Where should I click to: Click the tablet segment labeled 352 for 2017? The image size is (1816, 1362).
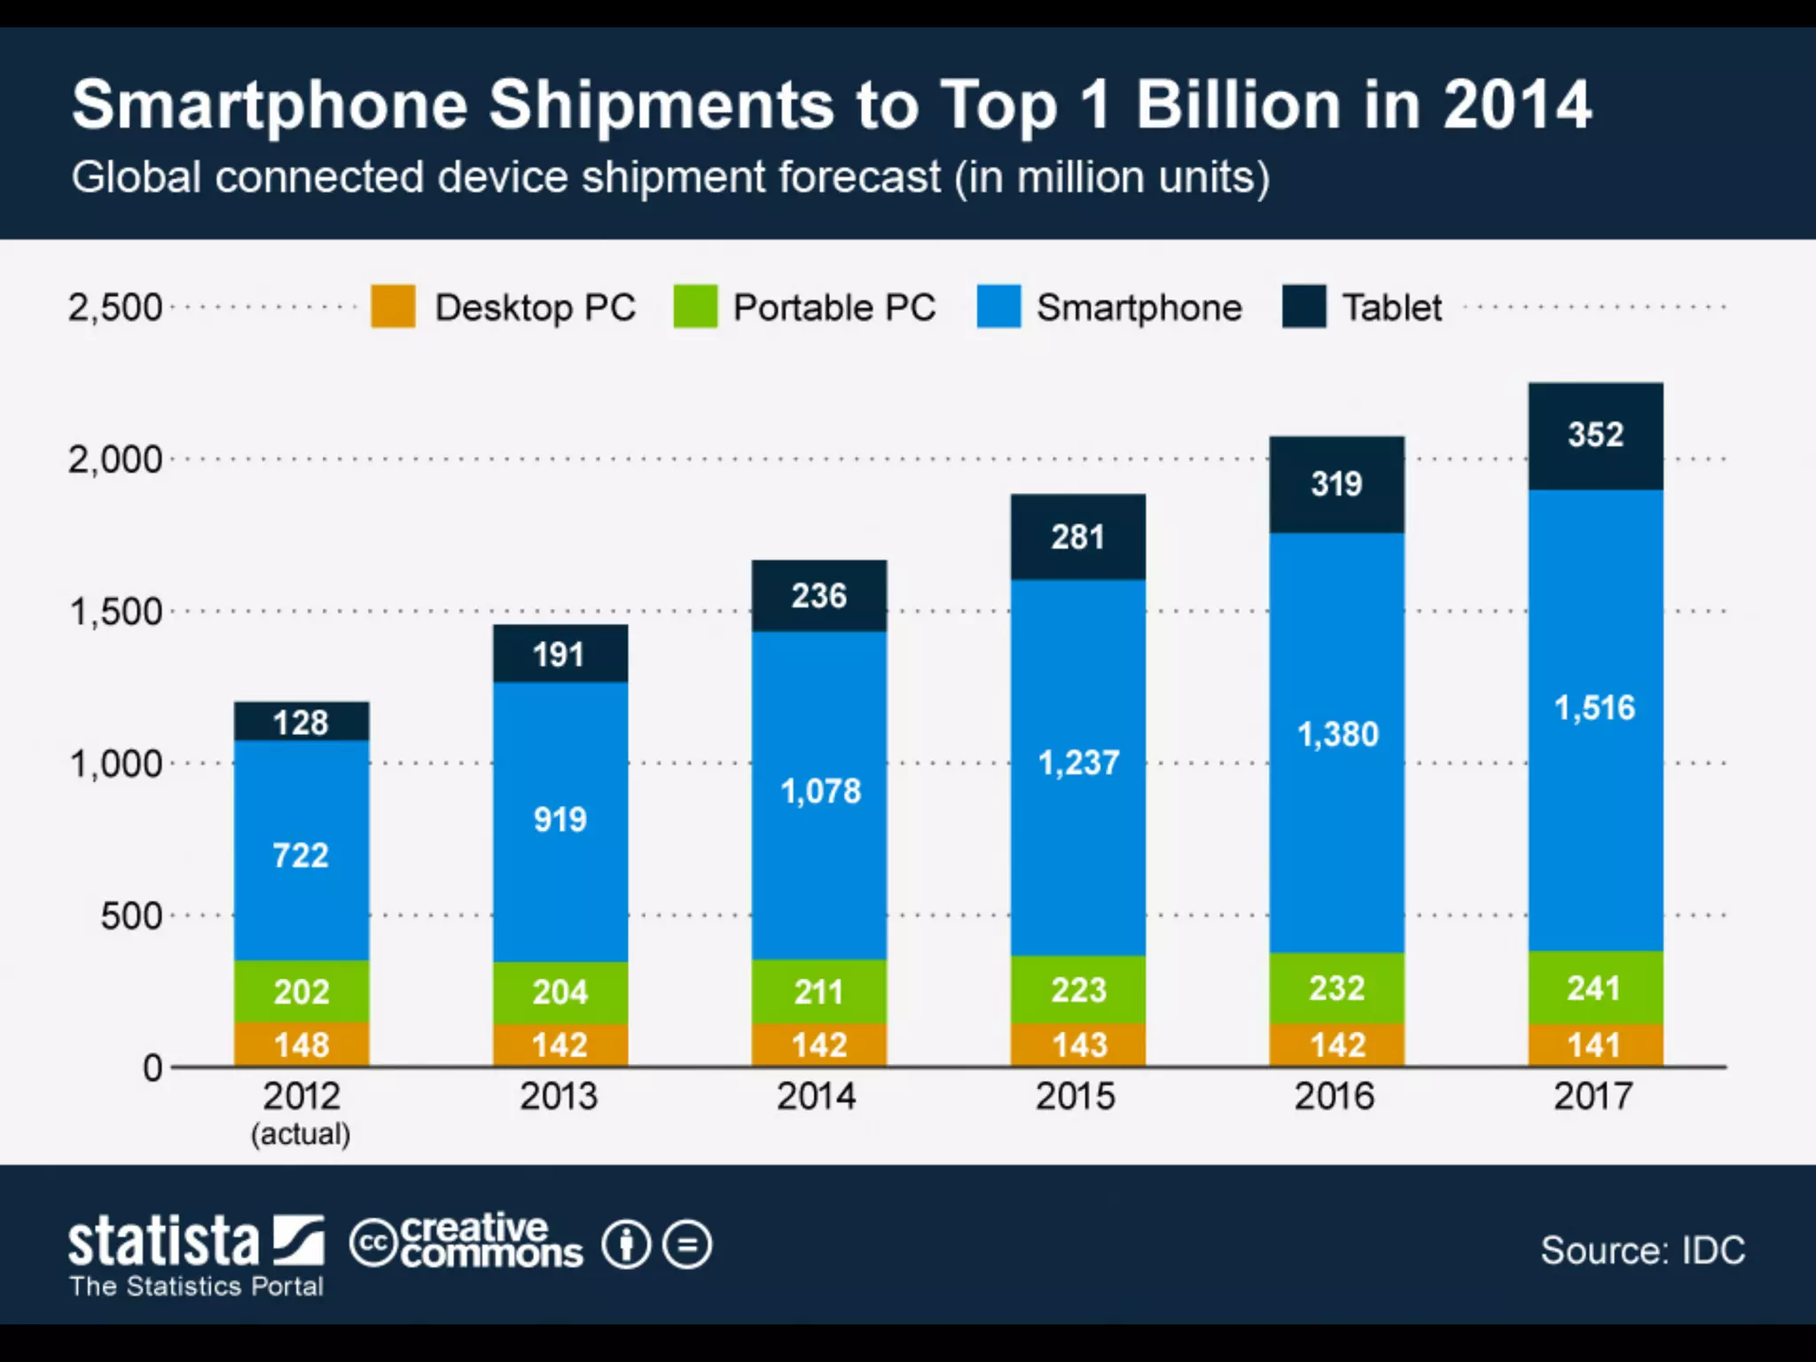tap(1595, 435)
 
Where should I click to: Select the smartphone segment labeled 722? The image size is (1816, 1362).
tap(301, 853)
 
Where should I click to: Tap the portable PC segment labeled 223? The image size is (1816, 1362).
tap(1078, 990)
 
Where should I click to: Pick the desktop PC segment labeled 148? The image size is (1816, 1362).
tap(301, 1045)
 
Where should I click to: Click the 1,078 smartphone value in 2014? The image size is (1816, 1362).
tap(820, 791)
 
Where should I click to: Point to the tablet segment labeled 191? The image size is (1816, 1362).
tap(560, 654)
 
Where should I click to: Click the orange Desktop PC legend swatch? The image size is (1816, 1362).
tap(393, 307)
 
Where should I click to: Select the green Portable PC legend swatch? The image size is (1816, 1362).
tap(695, 307)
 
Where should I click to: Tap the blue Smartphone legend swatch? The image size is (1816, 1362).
tap(998, 307)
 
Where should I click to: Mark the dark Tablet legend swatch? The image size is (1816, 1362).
tap(1303, 307)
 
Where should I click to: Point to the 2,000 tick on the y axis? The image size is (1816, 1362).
tap(115, 459)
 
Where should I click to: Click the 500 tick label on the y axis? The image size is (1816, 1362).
tap(131, 915)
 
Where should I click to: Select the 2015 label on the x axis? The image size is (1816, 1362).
tap(1076, 1097)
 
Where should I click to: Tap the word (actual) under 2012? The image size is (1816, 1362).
tap(301, 1134)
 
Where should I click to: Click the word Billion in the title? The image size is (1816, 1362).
tap(1239, 105)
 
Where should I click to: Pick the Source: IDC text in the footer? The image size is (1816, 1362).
tap(1642, 1250)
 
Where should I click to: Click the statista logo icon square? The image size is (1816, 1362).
tap(299, 1240)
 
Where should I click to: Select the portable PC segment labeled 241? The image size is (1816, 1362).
tap(1595, 988)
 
